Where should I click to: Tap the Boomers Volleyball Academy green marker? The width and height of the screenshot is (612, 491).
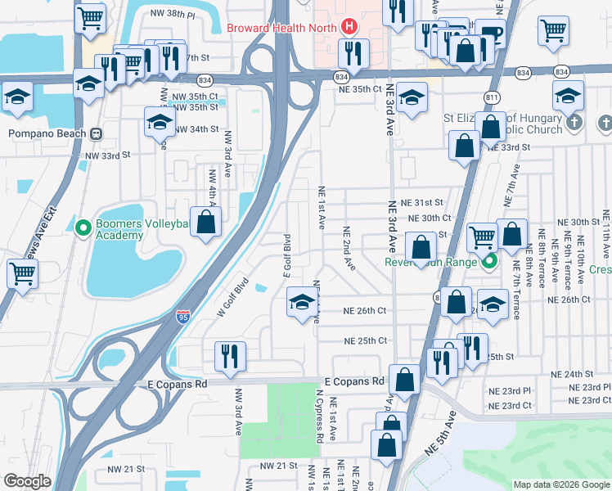[x=82, y=227]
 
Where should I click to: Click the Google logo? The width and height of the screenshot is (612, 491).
[x=27, y=482]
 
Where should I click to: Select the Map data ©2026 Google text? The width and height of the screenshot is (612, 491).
[x=560, y=484]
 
